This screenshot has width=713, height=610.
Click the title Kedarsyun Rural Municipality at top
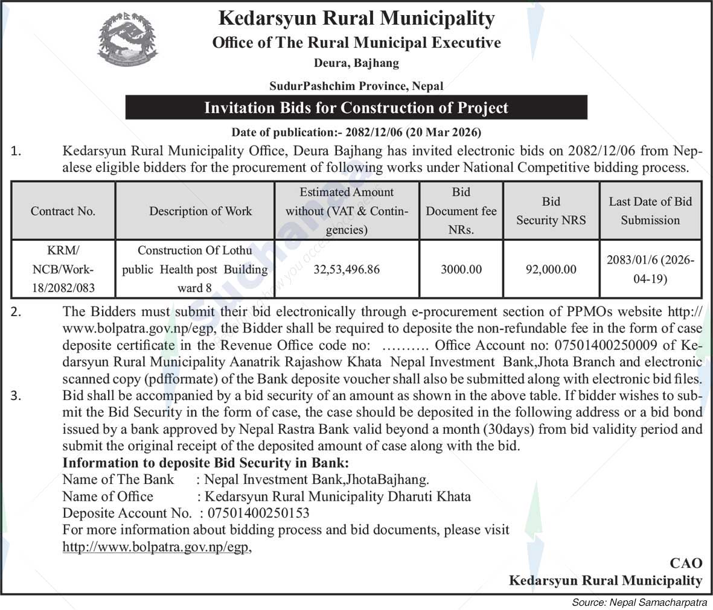click(x=356, y=18)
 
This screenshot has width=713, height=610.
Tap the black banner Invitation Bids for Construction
click(x=356, y=108)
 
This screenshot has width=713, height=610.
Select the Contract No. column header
click(x=63, y=211)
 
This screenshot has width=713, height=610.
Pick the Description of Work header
click(x=200, y=211)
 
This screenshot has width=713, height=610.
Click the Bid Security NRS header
click(x=551, y=211)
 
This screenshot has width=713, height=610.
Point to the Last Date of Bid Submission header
click(x=650, y=211)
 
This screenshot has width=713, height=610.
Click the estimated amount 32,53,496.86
click(x=347, y=269)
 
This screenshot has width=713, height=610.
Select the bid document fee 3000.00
click(x=461, y=269)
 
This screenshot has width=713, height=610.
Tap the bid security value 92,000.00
click(x=551, y=269)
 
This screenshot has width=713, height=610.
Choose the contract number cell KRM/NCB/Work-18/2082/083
click(x=63, y=269)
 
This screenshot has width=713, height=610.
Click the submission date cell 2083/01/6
click(x=650, y=269)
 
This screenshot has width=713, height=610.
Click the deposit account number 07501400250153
click(x=258, y=513)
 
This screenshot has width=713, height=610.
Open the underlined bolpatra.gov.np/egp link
click(x=156, y=547)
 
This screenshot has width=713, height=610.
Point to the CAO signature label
click(x=686, y=563)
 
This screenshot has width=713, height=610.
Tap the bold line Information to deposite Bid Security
click(x=206, y=463)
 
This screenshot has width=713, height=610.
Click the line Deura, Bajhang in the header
click(x=356, y=62)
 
